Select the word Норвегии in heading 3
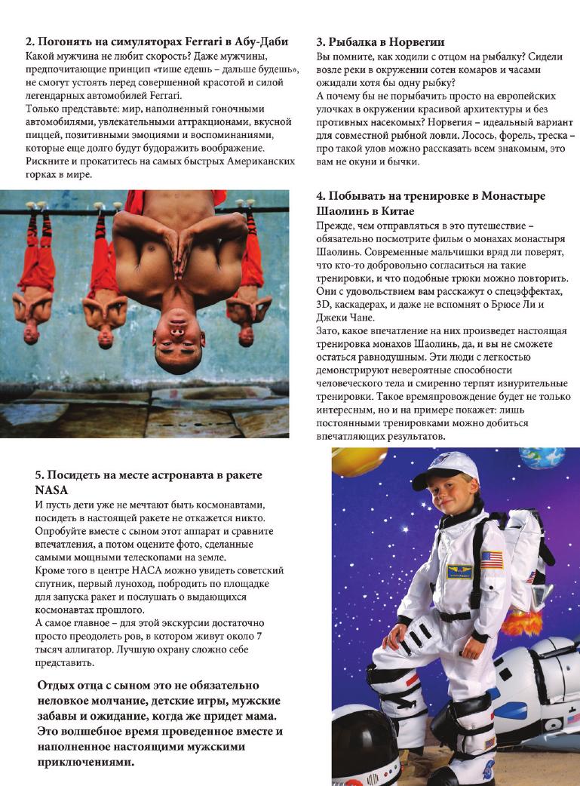click(416, 41)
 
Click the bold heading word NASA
click(51, 489)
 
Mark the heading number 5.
click(38, 474)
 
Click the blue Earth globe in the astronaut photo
click(555, 458)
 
